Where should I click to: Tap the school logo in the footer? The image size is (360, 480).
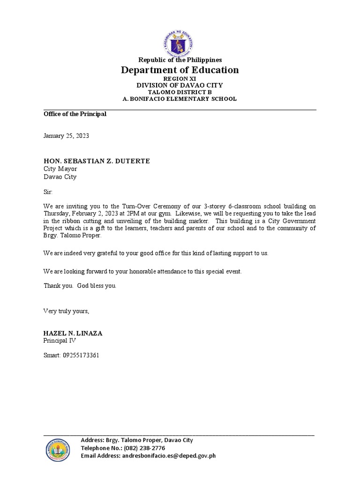coord(58,450)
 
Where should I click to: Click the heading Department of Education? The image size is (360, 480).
coord(180,70)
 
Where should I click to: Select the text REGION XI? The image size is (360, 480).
coord(180,78)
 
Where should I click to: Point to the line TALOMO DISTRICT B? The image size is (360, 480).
coord(180,92)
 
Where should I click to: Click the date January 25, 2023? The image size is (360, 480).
coord(66,136)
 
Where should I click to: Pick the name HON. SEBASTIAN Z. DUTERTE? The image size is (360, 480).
coord(97,161)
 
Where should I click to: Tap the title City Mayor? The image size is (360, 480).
coord(60,169)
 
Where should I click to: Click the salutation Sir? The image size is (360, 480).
coord(48,192)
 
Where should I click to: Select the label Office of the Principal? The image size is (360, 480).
coord(75,114)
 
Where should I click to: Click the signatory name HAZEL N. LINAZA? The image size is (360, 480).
coord(73,333)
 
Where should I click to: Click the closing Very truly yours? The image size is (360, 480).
coord(66,311)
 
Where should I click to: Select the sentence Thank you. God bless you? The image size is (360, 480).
coord(80,285)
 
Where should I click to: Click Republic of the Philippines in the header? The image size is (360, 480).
coord(180,60)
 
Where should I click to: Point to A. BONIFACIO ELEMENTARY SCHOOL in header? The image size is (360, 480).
coord(180,99)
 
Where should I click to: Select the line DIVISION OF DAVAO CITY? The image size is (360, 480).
coord(180,85)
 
